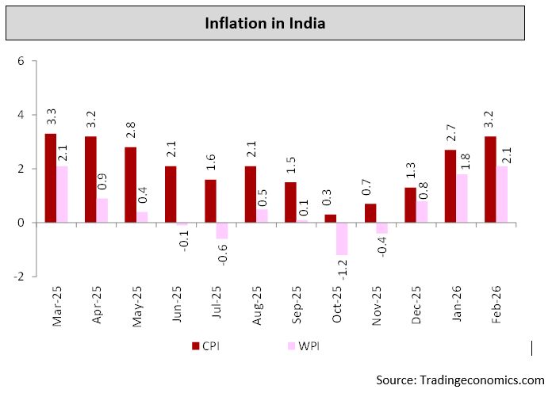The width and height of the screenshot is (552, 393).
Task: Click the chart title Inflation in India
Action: pos(265,24)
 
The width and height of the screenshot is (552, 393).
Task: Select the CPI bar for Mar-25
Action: pos(50,178)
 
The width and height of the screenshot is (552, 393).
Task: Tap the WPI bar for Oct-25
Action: pos(342,238)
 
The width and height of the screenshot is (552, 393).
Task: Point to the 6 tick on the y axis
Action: pos(21,62)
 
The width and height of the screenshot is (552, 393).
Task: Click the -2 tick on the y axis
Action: pos(20,277)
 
